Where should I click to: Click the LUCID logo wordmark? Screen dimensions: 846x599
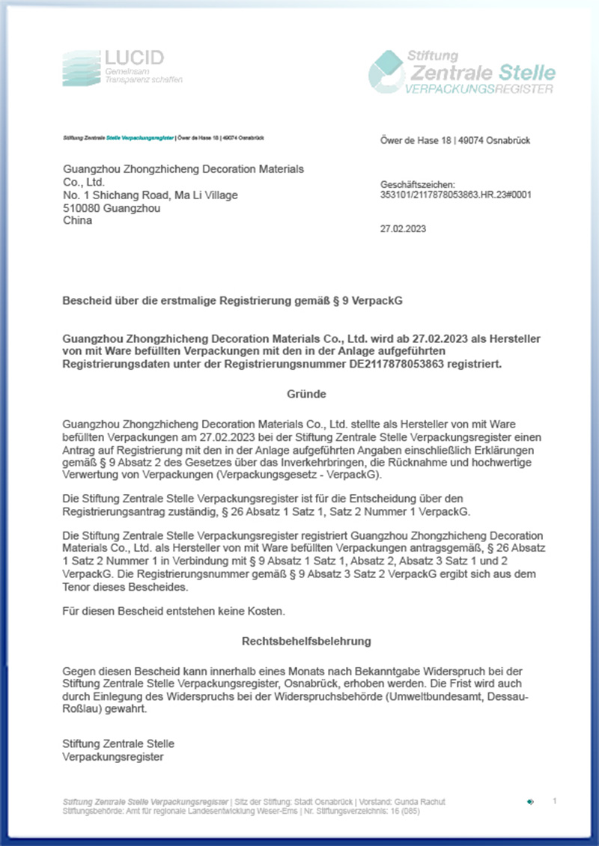pos(134,58)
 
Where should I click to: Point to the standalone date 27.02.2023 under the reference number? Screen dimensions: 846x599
pos(403,229)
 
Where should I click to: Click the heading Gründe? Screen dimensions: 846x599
pos(306,393)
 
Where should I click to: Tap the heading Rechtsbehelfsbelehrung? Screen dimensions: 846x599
pos(306,642)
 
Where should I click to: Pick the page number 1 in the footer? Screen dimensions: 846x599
pos(555,801)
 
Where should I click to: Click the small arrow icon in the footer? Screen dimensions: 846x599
pos(530,802)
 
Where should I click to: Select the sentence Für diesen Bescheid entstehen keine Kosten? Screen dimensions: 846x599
pos(174,612)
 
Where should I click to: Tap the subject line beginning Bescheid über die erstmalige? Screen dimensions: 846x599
pos(237,300)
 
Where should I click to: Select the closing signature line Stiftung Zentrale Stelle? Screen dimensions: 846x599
pos(118,743)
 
